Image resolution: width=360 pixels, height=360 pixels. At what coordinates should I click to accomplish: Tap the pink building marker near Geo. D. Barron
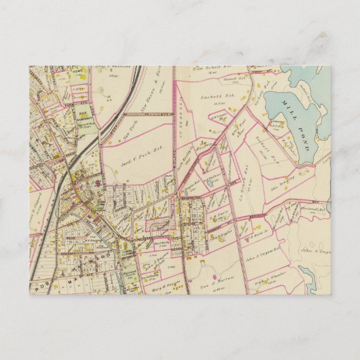click(x=215, y=278)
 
